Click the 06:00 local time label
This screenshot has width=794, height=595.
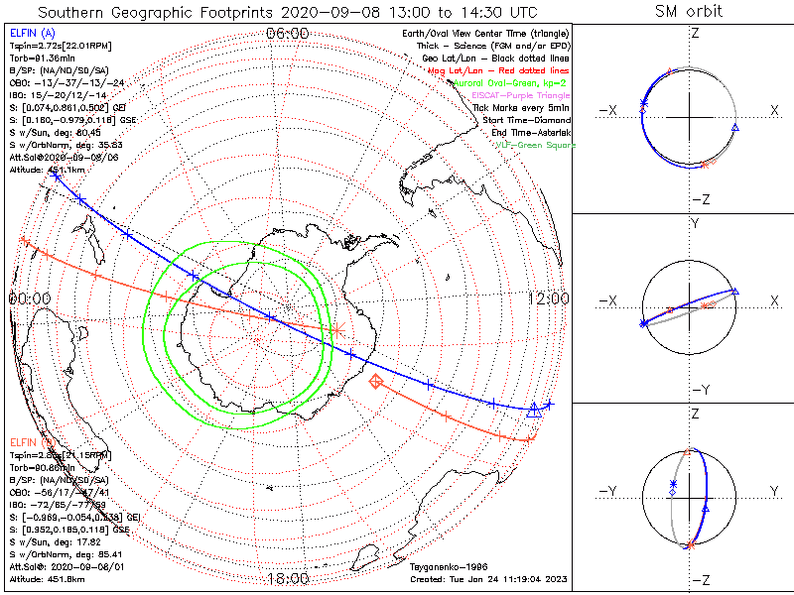click(x=288, y=34)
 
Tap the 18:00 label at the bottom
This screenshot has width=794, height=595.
click(x=288, y=578)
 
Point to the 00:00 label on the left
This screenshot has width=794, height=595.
click(x=30, y=298)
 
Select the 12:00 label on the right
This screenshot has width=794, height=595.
click(x=549, y=298)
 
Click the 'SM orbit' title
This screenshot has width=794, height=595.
click(x=689, y=12)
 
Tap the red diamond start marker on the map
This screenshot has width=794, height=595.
click(x=375, y=382)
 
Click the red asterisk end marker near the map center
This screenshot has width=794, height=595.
click(x=336, y=329)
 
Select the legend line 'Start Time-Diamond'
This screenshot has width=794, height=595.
click(x=526, y=119)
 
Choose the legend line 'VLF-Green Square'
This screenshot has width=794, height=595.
click(x=535, y=145)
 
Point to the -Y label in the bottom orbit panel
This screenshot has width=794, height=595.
click(x=611, y=491)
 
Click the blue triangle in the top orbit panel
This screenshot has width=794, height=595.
click(x=734, y=128)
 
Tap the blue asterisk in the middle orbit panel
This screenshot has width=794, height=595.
click(x=644, y=323)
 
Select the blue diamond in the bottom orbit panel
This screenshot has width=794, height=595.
click(x=672, y=492)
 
